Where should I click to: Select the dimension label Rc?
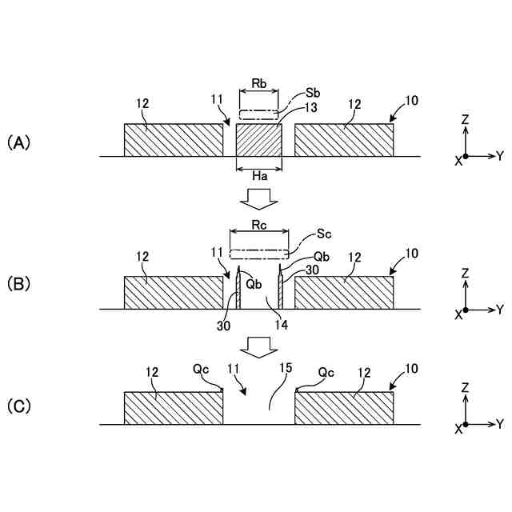tap(258, 224)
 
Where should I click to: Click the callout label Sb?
tap(313, 94)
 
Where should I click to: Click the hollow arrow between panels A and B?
tap(258, 197)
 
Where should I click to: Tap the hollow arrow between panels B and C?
tap(258, 346)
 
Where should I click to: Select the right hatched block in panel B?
tap(344, 292)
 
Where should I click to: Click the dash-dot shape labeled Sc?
tap(258, 254)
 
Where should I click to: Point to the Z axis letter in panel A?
tap(465, 118)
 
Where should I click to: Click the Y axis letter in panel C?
tap(499, 422)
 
